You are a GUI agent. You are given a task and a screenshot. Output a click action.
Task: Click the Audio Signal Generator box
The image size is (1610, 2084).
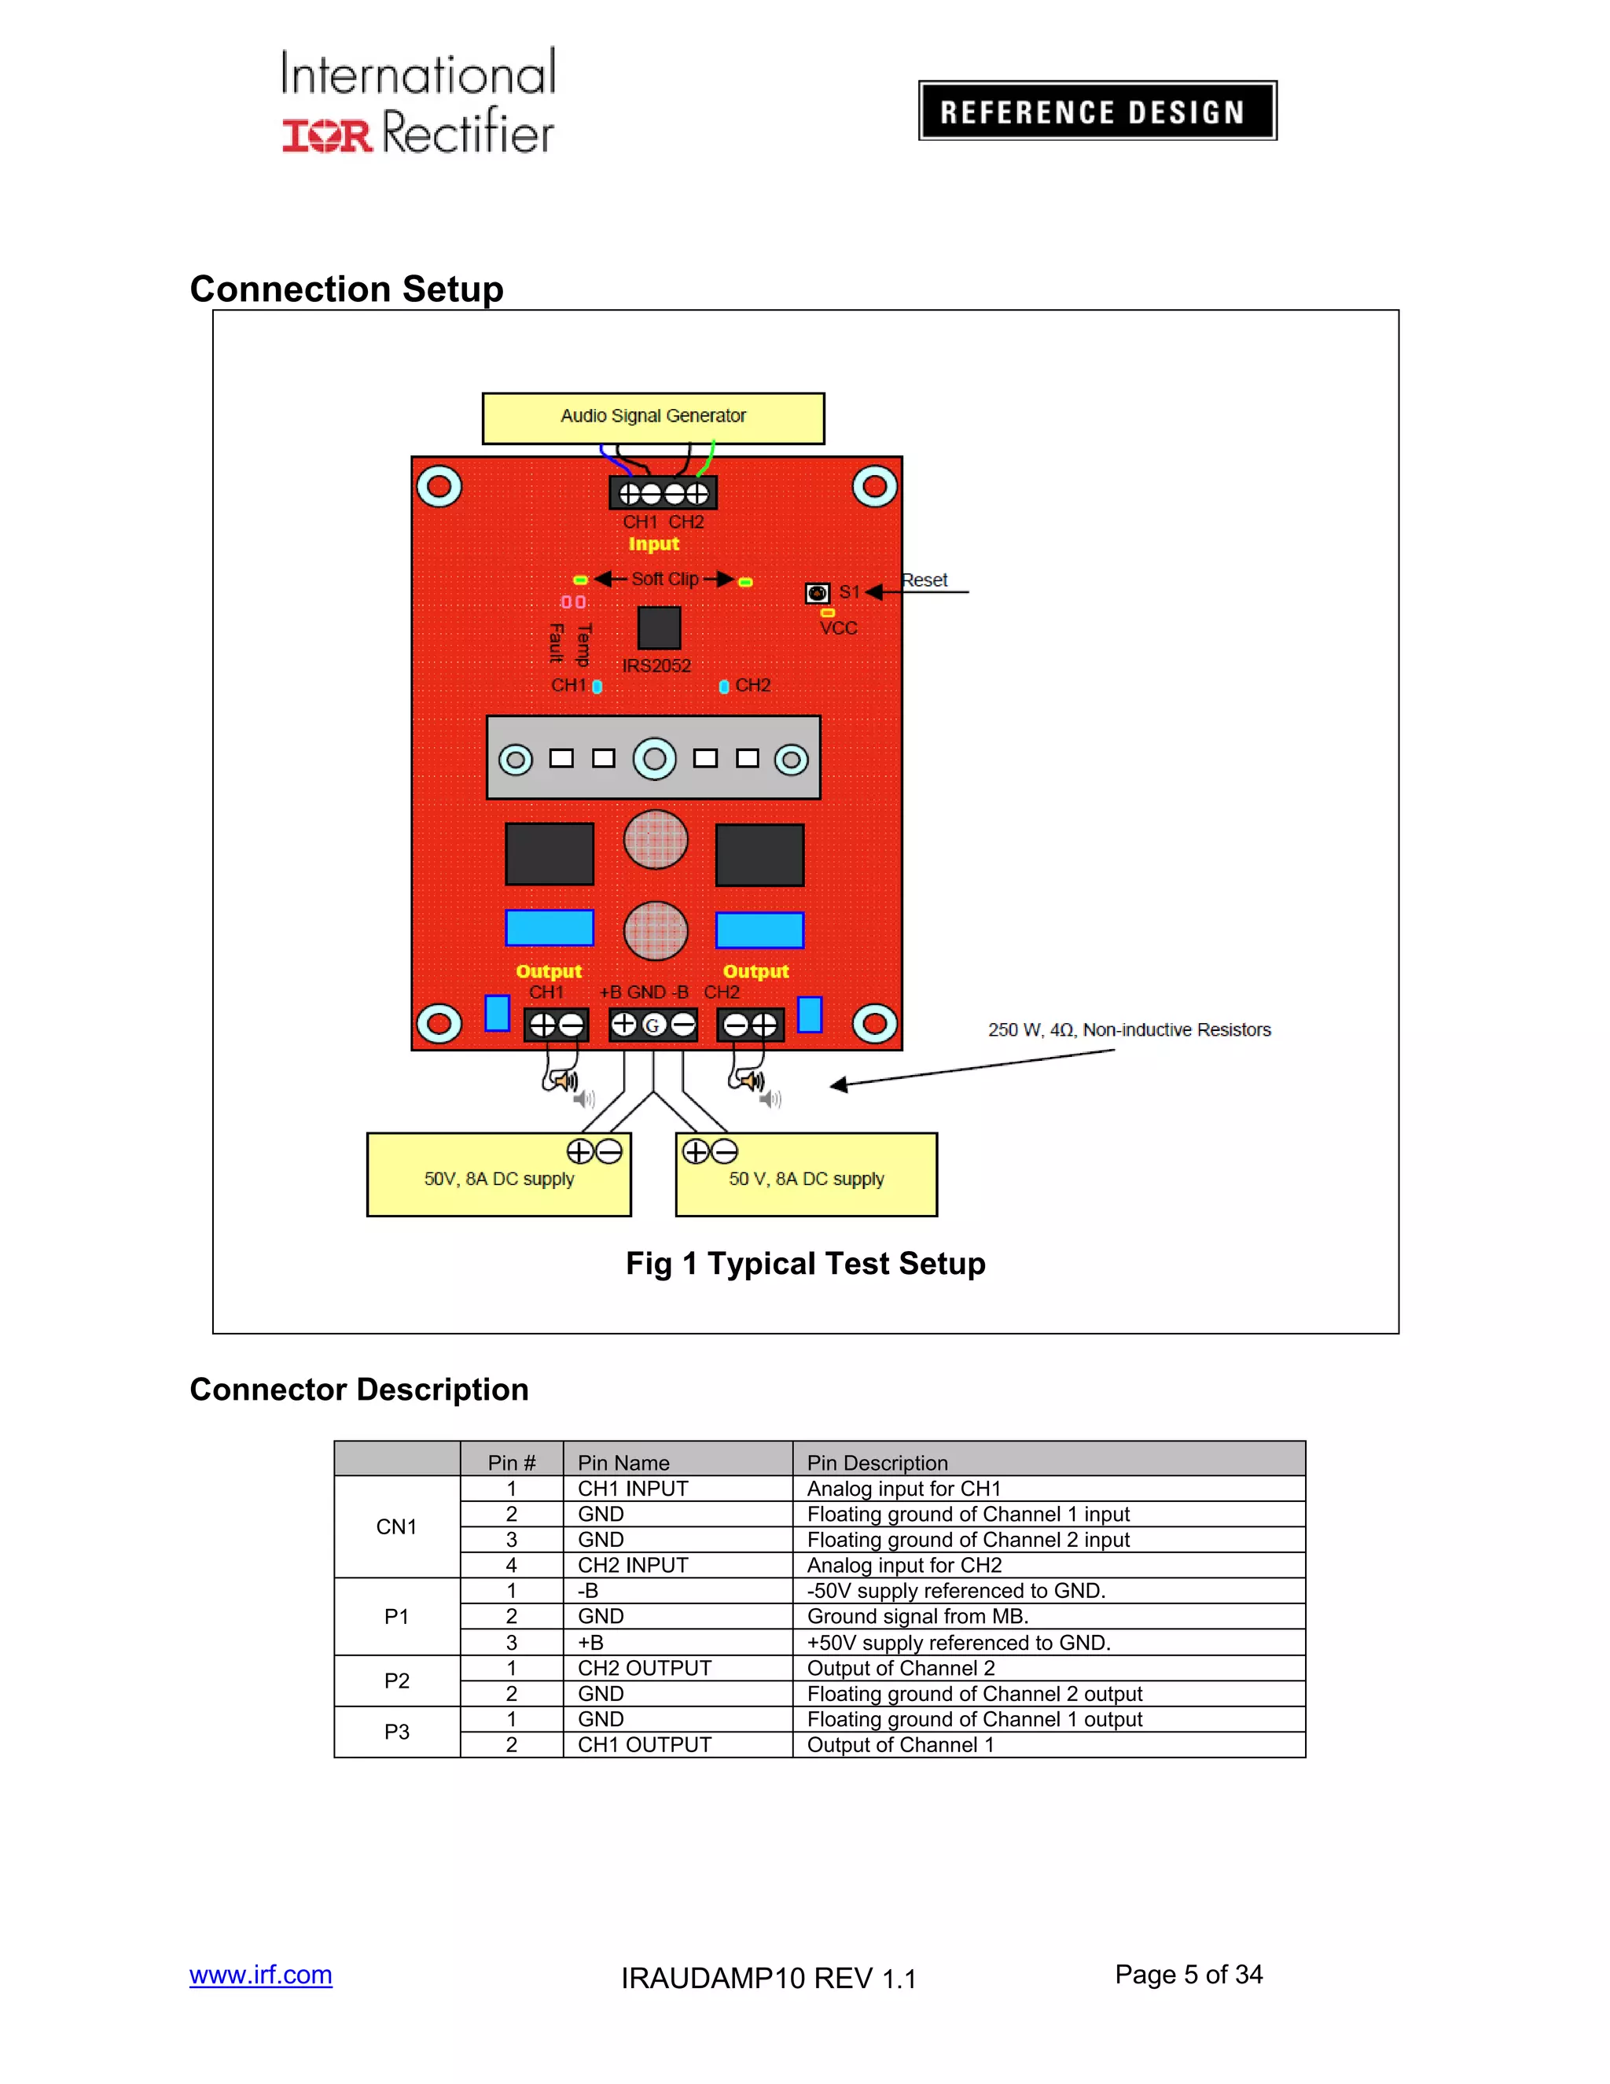tap(653, 418)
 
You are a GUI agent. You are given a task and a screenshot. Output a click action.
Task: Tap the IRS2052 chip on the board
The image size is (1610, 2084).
tap(658, 628)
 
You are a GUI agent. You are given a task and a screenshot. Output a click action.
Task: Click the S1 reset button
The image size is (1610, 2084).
tap(817, 593)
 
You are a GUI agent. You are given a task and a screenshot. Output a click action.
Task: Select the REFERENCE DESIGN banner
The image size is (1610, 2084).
tap(1097, 111)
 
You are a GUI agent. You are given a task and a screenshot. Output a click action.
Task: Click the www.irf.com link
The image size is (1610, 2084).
tap(260, 1974)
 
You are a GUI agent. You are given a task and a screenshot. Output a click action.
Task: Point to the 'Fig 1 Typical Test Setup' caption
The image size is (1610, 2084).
tap(805, 1264)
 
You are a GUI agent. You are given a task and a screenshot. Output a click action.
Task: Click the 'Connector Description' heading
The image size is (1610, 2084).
tap(358, 1390)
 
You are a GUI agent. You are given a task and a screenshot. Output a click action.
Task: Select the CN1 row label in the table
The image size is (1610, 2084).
tap(397, 1526)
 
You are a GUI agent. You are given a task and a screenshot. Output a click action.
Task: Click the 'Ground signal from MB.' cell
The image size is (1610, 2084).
tap(917, 1616)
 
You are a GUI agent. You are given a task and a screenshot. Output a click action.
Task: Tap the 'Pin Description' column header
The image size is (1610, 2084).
tap(877, 1463)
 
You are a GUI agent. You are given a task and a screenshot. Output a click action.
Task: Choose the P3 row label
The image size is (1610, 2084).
tap(397, 1732)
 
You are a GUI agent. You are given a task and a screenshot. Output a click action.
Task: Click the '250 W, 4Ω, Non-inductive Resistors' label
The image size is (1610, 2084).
tap(1130, 1029)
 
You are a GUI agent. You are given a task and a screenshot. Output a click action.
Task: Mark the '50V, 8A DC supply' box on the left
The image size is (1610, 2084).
tap(499, 1179)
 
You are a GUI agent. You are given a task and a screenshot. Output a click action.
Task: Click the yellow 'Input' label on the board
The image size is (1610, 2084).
tap(653, 544)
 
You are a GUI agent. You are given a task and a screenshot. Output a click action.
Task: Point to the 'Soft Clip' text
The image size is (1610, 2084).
tap(665, 580)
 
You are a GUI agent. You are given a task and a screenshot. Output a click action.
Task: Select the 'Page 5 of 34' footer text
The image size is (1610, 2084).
tap(1189, 1974)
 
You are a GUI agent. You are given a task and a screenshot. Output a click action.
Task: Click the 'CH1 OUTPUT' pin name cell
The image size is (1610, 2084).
tap(645, 1745)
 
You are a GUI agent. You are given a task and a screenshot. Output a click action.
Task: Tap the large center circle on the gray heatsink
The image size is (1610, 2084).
tap(654, 759)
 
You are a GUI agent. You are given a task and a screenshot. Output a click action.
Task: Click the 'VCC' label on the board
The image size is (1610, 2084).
tap(838, 628)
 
